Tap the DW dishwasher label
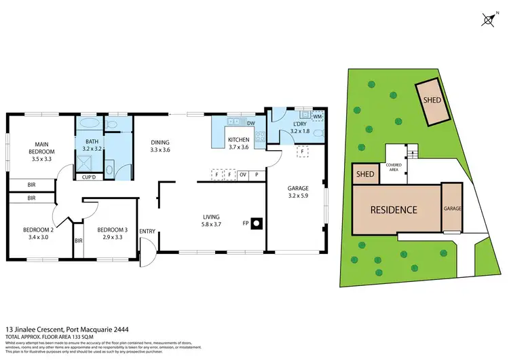pyautogui.click(x=250, y=124)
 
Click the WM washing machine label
pyautogui.click(x=317, y=118)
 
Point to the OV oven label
pyautogui.click(x=242, y=174)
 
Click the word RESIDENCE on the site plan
pyautogui.click(x=394, y=209)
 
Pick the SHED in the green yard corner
pyautogui.click(x=432, y=101)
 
